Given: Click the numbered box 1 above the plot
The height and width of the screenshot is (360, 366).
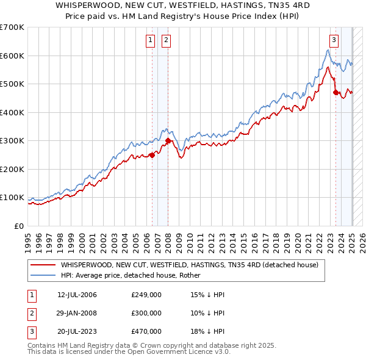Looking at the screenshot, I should pyautogui.click(x=151, y=41).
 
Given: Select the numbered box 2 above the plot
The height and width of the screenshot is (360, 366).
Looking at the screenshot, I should pyautogui.click(x=166, y=41).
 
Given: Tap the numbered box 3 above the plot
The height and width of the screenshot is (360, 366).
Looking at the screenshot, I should pyautogui.click(x=334, y=41).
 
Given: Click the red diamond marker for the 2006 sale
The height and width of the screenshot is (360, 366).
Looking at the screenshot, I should pyautogui.click(x=152, y=155).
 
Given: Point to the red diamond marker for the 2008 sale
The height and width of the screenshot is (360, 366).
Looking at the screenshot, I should pyautogui.click(x=168, y=140).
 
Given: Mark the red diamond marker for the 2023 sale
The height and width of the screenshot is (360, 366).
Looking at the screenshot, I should pyautogui.click(x=335, y=93).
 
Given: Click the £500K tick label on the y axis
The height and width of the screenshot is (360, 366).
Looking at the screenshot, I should pyautogui.click(x=12, y=84).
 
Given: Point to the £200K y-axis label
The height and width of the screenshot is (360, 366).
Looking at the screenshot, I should pyautogui.click(x=12, y=169).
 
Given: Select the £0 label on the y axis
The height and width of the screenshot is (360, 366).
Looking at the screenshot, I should pyautogui.click(x=18, y=226).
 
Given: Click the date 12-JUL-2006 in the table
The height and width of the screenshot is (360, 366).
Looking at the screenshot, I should pyautogui.click(x=77, y=295).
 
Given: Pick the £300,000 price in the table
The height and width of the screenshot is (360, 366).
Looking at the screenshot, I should pyautogui.click(x=146, y=313).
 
